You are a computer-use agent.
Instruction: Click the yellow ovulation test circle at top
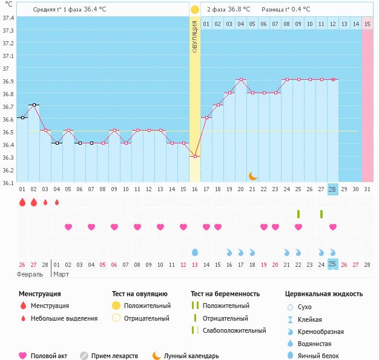pos(194,10)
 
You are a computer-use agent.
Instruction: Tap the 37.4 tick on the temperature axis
pos(8,18)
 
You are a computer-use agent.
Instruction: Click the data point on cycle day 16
pos(194,156)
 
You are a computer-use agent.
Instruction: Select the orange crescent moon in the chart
pos(252,176)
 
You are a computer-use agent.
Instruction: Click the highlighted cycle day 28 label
pos(332,189)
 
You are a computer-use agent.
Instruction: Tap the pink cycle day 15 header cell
pos(367,24)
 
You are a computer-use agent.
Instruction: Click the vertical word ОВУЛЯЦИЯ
pos(194,36)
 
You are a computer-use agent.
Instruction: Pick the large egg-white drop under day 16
pos(194,252)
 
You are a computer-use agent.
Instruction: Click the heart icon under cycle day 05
pos(68,227)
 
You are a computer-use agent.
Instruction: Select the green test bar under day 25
pos(298,214)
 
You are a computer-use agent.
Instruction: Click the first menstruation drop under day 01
pos(22,203)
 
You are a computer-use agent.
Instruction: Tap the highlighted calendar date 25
pos(332,264)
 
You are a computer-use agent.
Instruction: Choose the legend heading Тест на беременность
pos(225,294)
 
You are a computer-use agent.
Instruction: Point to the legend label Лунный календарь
pos(193,356)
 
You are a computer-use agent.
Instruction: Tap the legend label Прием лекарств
pos(114,356)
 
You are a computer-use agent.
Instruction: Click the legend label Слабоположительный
pos(235,330)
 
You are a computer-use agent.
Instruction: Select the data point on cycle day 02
pos(34,105)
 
